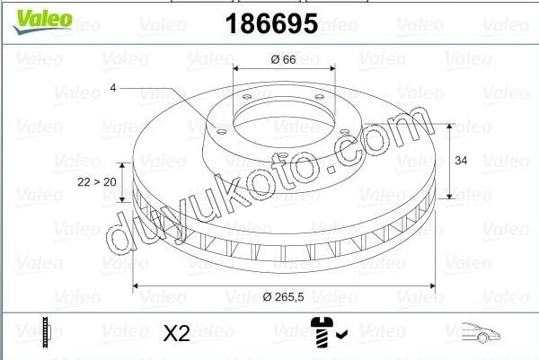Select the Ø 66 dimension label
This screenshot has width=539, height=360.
[x=283, y=59]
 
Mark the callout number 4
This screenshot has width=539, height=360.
[x=113, y=87]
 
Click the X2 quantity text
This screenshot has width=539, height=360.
[x=177, y=334]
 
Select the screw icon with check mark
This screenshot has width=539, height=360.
[x=324, y=332]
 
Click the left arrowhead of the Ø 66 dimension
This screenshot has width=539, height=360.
[x=236, y=70]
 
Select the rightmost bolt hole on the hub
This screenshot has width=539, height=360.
[x=345, y=136]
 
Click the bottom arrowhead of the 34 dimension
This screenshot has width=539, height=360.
[x=451, y=196]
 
